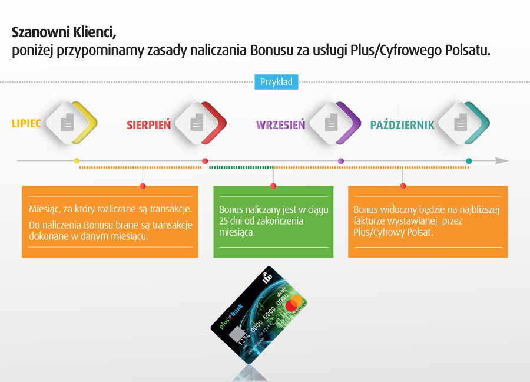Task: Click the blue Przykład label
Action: pyautogui.click(x=276, y=82)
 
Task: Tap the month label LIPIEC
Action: pyautogui.click(x=26, y=123)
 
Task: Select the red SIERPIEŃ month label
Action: pyautogui.click(x=149, y=124)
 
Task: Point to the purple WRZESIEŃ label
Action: pyautogui.click(x=280, y=124)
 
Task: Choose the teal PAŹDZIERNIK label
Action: pyautogui.click(x=402, y=124)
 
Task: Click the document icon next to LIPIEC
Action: pyautogui.click(x=67, y=122)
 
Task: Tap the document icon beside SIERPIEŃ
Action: pyautogui.click(x=196, y=122)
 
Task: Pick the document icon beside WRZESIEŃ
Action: pyautogui.click(x=331, y=122)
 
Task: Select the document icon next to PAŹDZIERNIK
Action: pyautogui.click(x=460, y=122)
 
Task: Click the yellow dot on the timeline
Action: pyautogui.click(x=77, y=161)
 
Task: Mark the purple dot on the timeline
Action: pyautogui.click(x=341, y=161)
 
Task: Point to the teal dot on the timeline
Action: pyautogui.click(x=469, y=161)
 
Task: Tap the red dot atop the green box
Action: pyautogui.click(x=273, y=186)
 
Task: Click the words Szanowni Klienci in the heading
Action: pyautogui.click(x=64, y=33)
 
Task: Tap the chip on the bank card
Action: pyautogui.click(x=236, y=334)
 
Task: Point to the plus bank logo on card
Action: pyautogui.click(x=231, y=317)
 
